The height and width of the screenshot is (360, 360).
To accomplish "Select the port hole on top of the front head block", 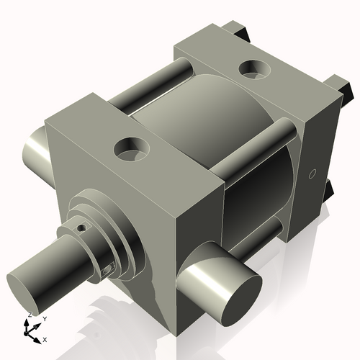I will pos(132,150).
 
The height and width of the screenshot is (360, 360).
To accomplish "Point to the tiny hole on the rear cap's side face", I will pos(312,174).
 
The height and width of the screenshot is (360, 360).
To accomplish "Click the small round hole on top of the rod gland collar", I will pos(82,228).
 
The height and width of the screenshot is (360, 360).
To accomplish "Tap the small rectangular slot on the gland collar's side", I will pos(109,269).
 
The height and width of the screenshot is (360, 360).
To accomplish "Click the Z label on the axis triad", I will pos(28,315).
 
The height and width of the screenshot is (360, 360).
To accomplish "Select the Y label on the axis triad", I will pos(44,318).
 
